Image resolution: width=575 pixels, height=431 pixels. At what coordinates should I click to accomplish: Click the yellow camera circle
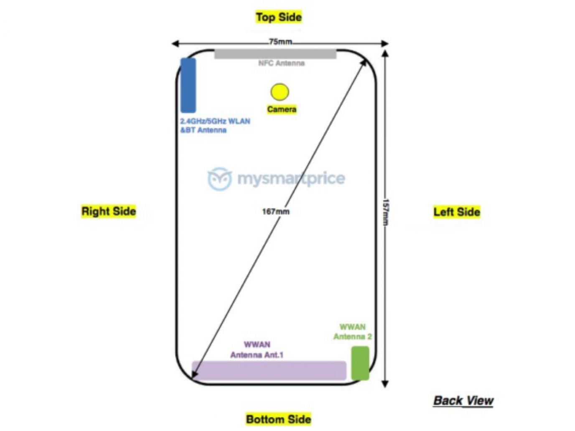[280, 92]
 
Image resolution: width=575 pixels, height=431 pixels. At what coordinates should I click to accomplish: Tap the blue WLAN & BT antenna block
[188, 85]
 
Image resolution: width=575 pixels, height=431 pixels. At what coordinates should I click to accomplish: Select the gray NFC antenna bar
[275, 54]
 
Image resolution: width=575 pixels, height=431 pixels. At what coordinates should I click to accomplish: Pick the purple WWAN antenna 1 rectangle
[269, 370]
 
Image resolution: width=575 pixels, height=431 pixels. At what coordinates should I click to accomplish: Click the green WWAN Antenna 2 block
[360, 363]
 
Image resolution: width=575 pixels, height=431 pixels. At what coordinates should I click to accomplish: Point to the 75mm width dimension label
[280, 41]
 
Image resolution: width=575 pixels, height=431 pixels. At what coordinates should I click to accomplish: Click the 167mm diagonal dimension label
[275, 212]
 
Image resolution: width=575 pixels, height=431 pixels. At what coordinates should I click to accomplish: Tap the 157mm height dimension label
[386, 212]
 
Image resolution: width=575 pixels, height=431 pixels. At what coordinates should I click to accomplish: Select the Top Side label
[279, 17]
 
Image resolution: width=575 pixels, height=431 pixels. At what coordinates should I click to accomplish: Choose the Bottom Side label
[279, 419]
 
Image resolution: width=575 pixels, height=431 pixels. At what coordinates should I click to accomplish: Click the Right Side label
[109, 211]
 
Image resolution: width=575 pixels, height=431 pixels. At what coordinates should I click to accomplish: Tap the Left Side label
[457, 212]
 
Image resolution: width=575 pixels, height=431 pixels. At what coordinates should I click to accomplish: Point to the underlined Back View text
[463, 401]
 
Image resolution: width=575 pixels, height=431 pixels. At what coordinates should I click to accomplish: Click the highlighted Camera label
[282, 109]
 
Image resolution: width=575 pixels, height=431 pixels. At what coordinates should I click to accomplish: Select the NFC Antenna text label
[281, 63]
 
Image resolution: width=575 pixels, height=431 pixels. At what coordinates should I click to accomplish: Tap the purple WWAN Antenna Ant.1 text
[257, 350]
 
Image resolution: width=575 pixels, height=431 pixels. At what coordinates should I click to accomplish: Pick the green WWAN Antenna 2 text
[352, 332]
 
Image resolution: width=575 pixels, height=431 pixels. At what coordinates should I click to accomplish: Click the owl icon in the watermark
[220, 179]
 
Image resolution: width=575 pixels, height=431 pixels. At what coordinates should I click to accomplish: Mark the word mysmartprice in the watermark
[291, 178]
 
